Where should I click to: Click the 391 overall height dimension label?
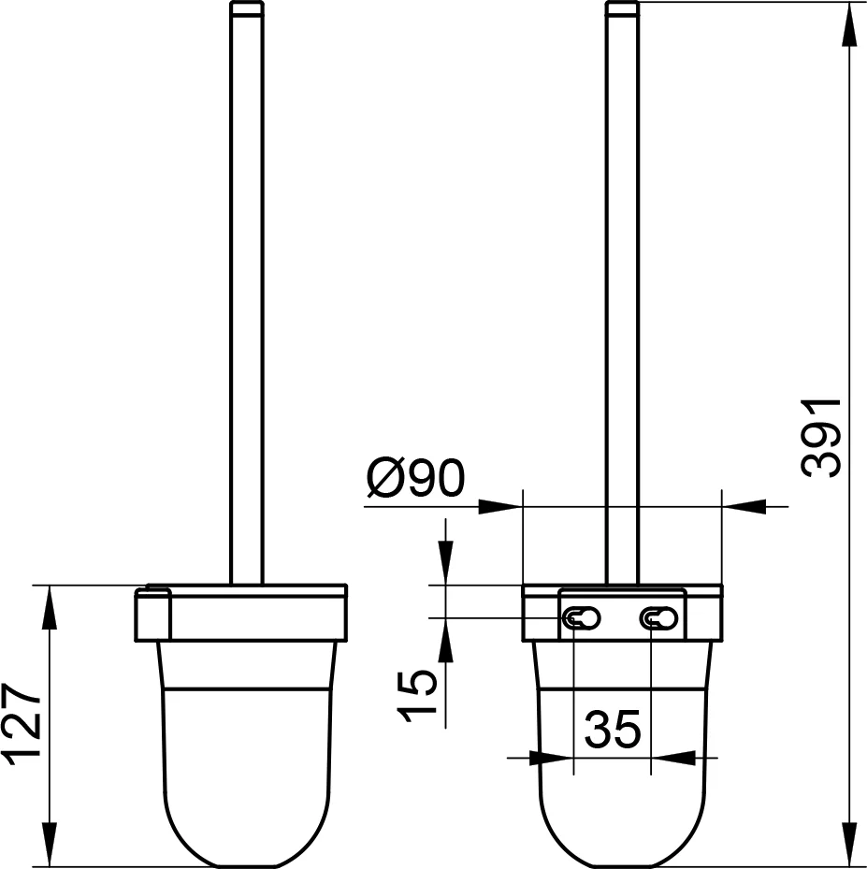pos(822,438)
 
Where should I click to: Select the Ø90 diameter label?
pos(415,478)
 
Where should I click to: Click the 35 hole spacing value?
pos(613,729)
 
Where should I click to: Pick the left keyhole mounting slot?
pos(581,618)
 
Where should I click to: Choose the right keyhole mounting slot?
pos(658,618)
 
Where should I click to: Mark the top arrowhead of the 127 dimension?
pos(50,607)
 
